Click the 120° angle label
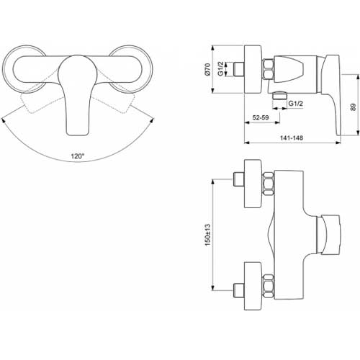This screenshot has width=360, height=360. (78, 156)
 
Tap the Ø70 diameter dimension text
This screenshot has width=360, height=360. (207, 69)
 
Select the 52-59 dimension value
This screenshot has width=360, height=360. (261, 117)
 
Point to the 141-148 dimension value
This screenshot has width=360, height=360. (292, 138)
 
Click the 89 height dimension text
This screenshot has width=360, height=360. (353, 107)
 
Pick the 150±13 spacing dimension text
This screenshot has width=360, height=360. (207, 235)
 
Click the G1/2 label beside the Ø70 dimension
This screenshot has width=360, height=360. (220, 68)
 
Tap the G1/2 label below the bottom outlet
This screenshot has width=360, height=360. (295, 104)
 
